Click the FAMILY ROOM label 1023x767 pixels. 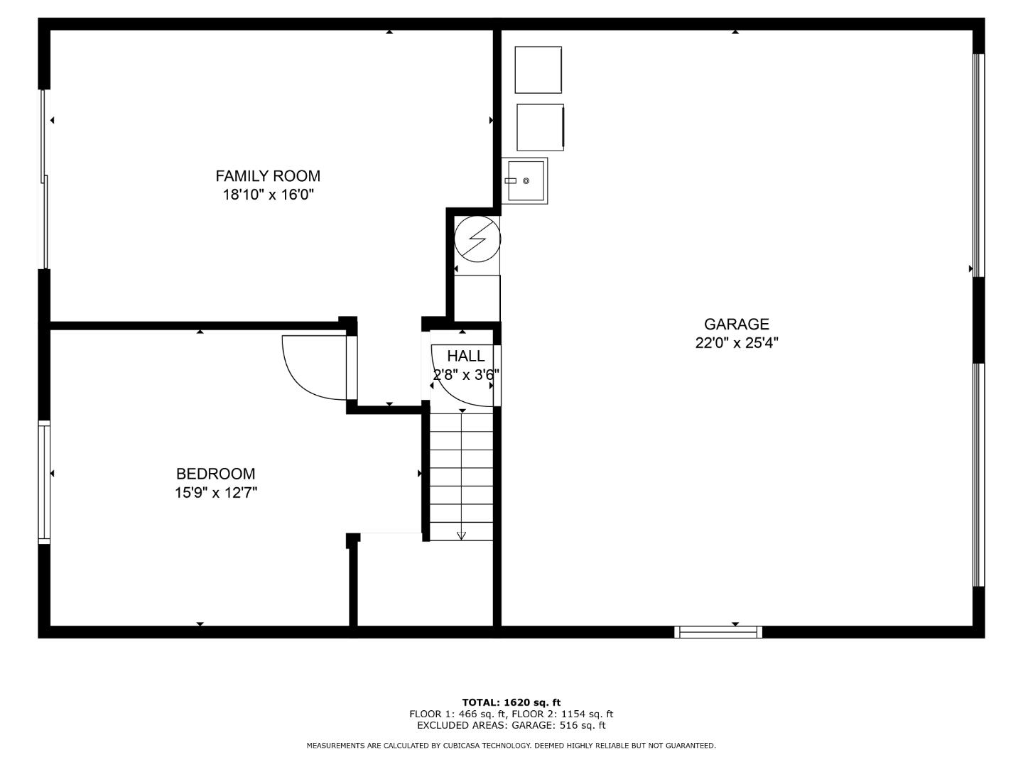click(268, 176)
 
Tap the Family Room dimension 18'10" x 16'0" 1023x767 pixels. click(268, 195)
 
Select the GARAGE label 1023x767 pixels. click(737, 324)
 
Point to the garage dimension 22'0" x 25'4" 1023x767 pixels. click(737, 343)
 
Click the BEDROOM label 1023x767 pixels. click(215, 474)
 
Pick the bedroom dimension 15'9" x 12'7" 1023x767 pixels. click(215, 492)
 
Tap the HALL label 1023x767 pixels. click(466, 356)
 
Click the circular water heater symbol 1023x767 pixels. click(477, 238)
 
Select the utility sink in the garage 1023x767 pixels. click(525, 180)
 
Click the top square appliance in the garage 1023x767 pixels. click(538, 70)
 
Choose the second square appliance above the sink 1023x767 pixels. click(540, 127)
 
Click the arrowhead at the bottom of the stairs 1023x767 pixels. click(461, 535)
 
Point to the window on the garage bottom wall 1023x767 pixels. click(718, 632)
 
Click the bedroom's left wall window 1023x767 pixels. click(45, 482)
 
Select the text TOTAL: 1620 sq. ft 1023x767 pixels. click(511, 702)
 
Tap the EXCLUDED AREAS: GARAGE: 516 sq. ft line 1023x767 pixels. click(511, 725)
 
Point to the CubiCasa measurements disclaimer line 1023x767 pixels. click(511, 745)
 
